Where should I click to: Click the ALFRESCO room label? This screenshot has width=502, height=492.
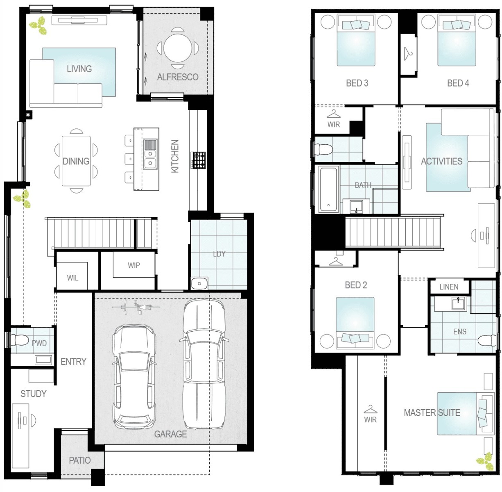[178, 77]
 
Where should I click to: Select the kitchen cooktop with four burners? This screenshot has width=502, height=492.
[199, 160]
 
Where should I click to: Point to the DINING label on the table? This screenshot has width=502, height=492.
[76, 161]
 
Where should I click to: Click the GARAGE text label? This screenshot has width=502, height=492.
[170, 434]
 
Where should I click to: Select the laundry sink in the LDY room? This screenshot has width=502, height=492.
[199, 283]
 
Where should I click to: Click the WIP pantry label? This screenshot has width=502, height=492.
[134, 265]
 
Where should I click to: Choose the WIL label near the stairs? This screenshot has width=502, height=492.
[72, 278]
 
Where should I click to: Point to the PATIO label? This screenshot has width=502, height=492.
[80, 460]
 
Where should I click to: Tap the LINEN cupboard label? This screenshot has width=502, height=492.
[449, 287]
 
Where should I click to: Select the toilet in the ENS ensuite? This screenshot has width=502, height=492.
[486, 340]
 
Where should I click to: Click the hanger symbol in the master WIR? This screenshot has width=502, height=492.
[370, 409]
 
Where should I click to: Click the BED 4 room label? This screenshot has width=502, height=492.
[458, 83]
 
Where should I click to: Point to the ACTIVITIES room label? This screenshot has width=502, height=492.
[441, 162]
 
